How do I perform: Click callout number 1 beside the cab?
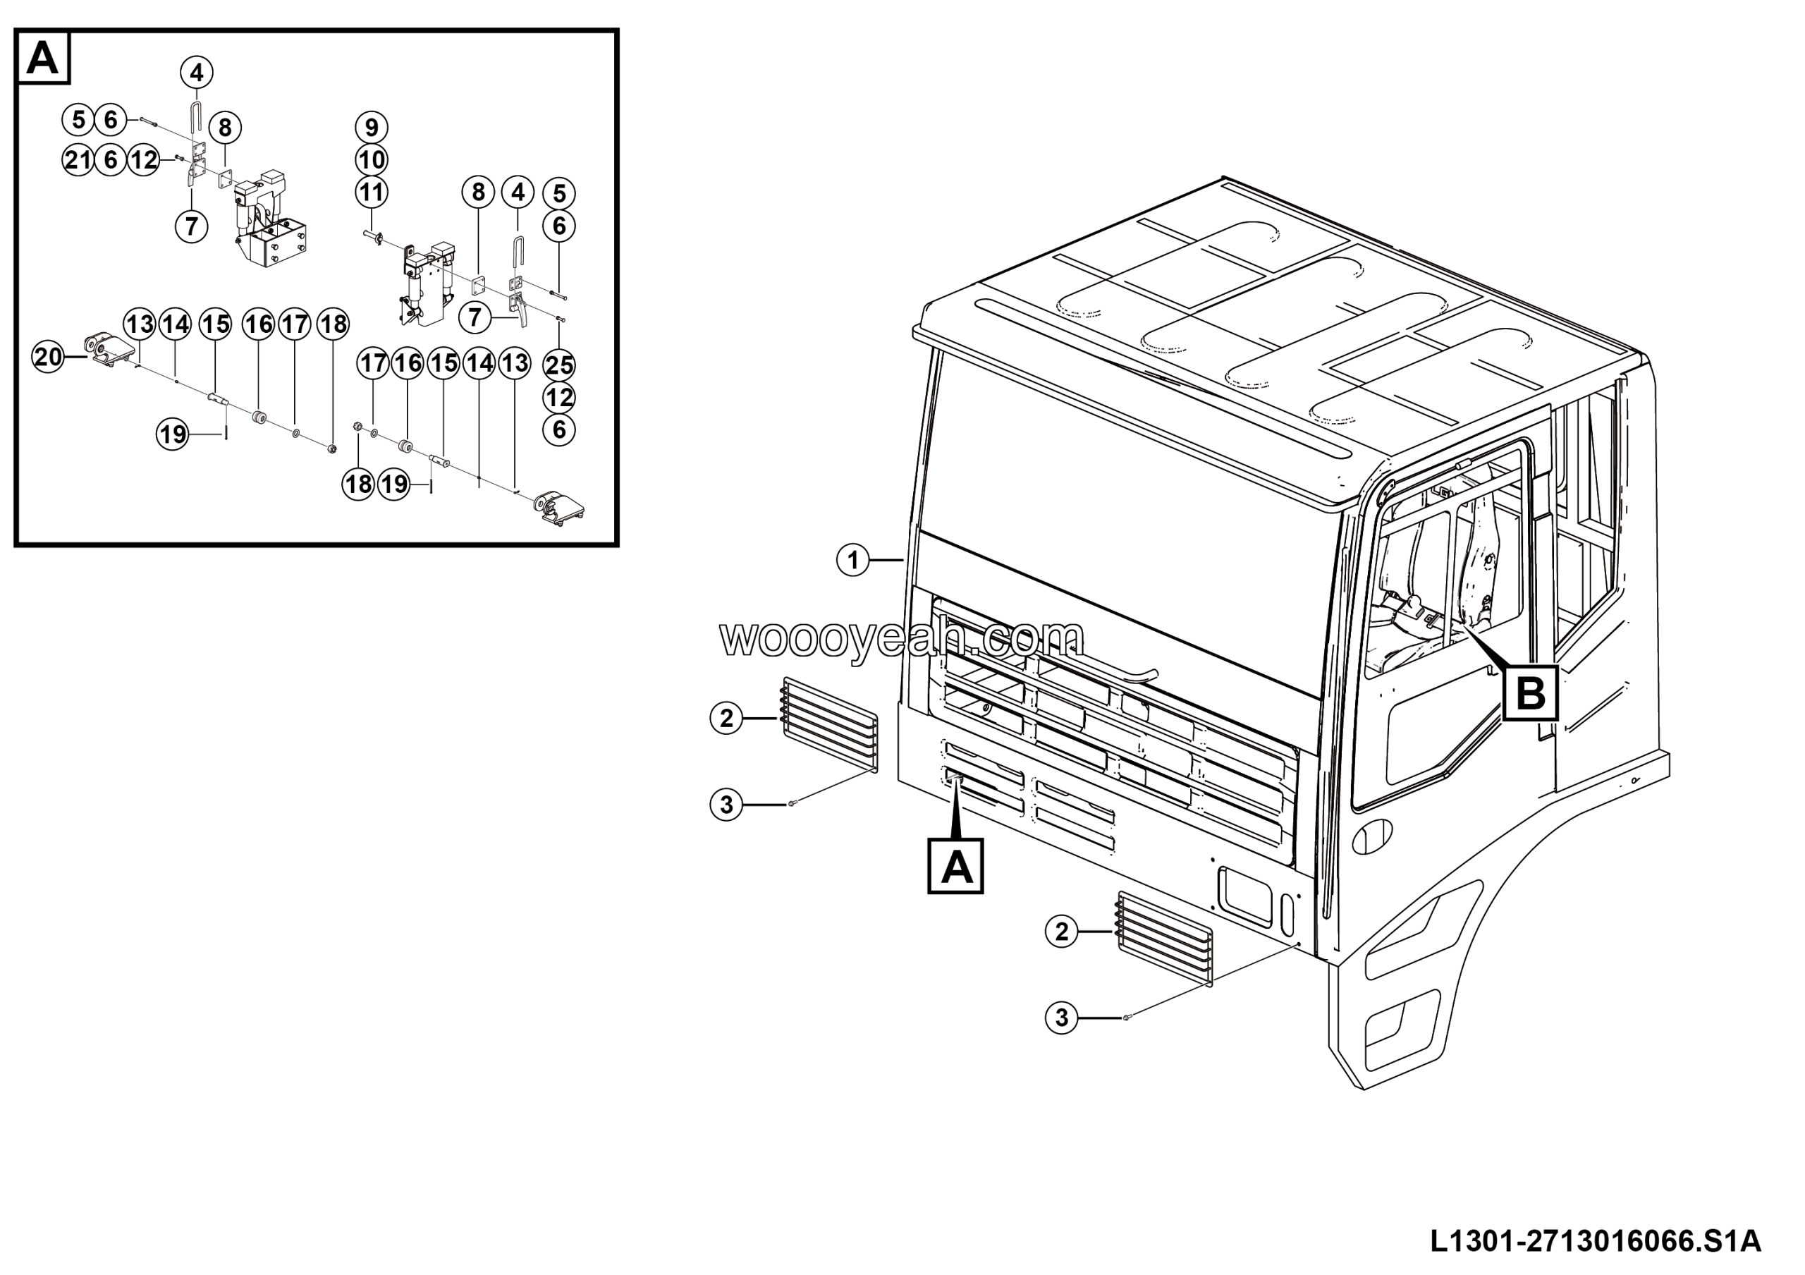853,561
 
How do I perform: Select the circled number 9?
371,128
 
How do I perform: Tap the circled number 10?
371,160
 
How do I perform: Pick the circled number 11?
371,193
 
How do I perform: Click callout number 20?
48,357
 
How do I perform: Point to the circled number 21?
78,160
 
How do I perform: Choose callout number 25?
559,365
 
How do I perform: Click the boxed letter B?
1530,693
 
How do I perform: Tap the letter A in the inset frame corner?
42,57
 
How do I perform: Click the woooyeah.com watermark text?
902,638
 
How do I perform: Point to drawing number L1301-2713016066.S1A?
1595,1240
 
